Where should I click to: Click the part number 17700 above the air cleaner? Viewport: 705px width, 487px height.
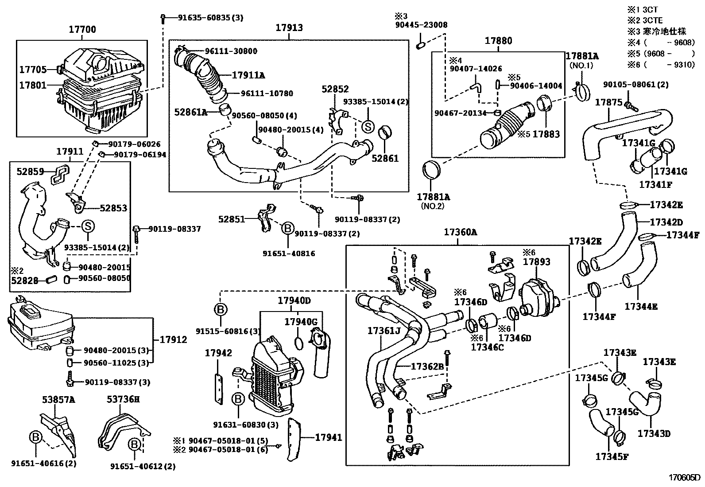pos(82,30)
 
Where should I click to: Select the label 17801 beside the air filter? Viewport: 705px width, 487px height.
pos(33,86)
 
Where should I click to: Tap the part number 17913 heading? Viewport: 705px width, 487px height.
pos(289,28)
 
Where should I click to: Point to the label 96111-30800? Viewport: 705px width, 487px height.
pos(231,51)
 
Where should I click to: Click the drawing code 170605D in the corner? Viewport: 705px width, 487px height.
pos(685,478)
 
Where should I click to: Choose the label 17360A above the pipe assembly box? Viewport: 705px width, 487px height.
pos(461,232)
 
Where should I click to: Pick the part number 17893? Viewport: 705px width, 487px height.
pos(537,262)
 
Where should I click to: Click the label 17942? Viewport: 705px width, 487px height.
pos(218,353)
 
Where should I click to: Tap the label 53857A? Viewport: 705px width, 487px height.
pos(58,400)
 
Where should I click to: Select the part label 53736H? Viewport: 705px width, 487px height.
pos(123,399)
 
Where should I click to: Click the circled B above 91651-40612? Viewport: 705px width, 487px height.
pos(134,444)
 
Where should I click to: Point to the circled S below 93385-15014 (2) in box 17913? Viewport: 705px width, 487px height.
pos(368,127)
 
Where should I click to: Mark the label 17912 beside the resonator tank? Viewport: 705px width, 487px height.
pos(174,339)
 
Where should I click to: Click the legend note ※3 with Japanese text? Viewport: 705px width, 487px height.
pos(657,31)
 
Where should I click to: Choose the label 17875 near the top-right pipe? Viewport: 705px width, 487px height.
pos(609,102)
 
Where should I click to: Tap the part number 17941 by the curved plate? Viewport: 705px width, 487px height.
pos(329,437)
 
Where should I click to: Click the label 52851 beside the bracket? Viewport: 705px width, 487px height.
pos(232,219)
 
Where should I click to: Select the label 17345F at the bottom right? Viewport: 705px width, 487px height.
pos(612,456)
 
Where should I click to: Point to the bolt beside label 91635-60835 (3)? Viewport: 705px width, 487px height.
pos(163,19)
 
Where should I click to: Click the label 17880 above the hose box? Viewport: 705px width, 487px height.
pos(498,41)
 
